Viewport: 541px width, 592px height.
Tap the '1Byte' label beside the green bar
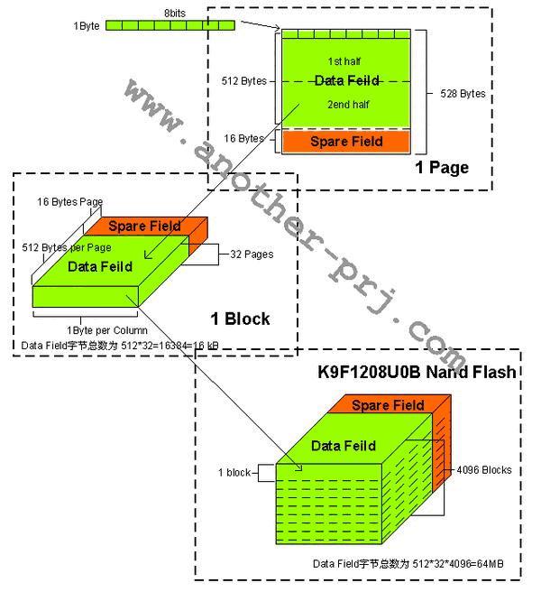(87, 25)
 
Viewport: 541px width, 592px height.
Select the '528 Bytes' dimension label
(463, 93)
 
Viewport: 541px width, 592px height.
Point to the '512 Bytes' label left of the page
(243, 81)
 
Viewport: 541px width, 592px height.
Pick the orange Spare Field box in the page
(346, 142)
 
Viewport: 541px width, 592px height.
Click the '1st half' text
(346, 60)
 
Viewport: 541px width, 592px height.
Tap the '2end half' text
(346, 104)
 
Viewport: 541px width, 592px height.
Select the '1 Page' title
(442, 168)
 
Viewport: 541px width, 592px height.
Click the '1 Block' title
(240, 319)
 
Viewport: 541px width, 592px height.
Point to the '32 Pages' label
(252, 254)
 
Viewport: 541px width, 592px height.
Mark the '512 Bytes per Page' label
(66, 246)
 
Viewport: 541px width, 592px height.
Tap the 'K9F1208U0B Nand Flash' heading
(417, 371)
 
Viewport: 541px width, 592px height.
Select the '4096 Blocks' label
(485, 470)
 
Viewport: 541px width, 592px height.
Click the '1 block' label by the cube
(234, 472)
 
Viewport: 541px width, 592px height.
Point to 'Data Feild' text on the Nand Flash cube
(340, 446)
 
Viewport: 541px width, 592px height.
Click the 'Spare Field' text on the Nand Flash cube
(388, 405)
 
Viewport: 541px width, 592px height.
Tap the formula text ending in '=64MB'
(408, 563)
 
